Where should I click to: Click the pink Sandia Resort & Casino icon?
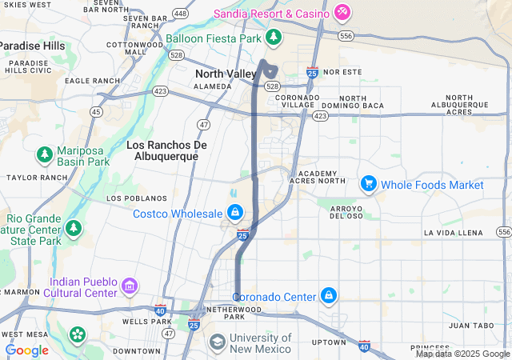tap(342, 12)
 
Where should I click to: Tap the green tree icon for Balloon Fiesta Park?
tap(274, 37)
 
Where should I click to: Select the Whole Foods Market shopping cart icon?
tap(368, 184)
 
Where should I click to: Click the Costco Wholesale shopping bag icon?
tap(234, 213)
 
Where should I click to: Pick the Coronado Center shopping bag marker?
tap(328, 296)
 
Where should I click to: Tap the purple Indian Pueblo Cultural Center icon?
tap(129, 285)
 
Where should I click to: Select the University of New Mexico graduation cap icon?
tap(217, 342)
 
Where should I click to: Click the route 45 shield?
tap(96, 112)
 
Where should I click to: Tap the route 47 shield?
tap(205, 125)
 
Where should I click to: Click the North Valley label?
tap(226, 74)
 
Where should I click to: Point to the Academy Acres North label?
tap(322, 177)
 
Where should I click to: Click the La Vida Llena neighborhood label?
tap(454, 233)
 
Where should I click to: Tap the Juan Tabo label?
tap(470, 326)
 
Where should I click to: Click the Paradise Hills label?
tap(32, 46)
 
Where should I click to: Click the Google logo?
tap(26, 350)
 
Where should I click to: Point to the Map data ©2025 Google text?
tap(462, 354)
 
